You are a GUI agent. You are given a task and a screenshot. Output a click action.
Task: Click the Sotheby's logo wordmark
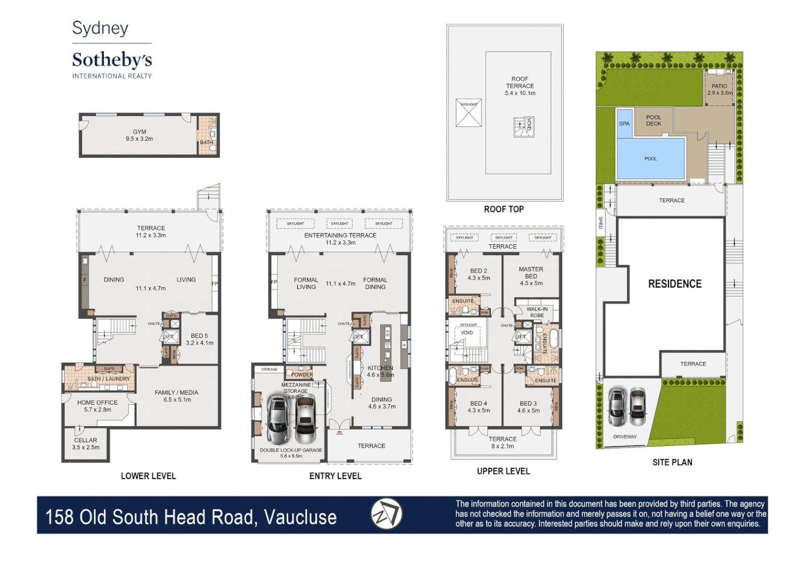(x=112, y=60)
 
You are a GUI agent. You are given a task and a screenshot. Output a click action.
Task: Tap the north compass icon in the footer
(x=386, y=514)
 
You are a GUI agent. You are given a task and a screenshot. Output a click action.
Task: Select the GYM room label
(x=139, y=132)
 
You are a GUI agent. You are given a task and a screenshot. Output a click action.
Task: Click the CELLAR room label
(x=86, y=440)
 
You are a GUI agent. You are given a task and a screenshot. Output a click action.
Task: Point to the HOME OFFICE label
(x=97, y=403)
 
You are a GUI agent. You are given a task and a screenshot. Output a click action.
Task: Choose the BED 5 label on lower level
(x=199, y=336)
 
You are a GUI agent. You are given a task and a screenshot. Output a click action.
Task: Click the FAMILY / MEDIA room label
(x=176, y=393)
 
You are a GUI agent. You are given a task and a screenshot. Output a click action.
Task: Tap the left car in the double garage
(x=278, y=418)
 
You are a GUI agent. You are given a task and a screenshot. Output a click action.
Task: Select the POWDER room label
(x=302, y=374)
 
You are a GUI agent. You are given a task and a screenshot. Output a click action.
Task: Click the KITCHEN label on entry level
(x=380, y=368)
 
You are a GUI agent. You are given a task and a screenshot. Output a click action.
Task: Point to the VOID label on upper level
(x=467, y=333)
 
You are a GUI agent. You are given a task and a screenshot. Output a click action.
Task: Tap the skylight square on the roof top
(x=468, y=113)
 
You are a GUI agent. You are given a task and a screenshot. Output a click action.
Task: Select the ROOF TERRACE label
(x=520, y=83)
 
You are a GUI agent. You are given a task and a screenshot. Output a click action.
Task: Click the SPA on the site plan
(x=624, y=124)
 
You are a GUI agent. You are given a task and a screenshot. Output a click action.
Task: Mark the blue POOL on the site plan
(x=650, y=159)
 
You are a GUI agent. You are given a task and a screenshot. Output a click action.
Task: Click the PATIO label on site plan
(x=719, y=86)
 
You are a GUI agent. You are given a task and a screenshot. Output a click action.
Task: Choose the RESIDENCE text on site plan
(x=674, y=284)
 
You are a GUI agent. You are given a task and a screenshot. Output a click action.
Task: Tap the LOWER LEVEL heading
(x=148, y=476)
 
